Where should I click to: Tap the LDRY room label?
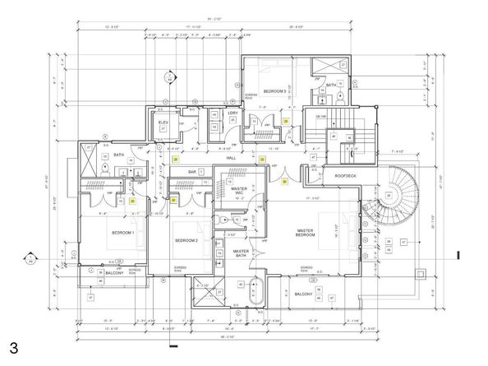click(x=232, y=113)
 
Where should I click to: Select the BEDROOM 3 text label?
click(x=274, y=91)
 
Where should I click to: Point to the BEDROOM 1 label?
click(x=122, y=233)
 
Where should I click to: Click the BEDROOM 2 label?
click(x=187, y=240)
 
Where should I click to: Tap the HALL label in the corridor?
click(x=231, y=157)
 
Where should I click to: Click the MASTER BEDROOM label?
click(x=306, y=234)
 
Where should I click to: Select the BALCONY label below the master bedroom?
click(x=303, y=294)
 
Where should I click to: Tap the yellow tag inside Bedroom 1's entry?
click(x=131, y=200)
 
